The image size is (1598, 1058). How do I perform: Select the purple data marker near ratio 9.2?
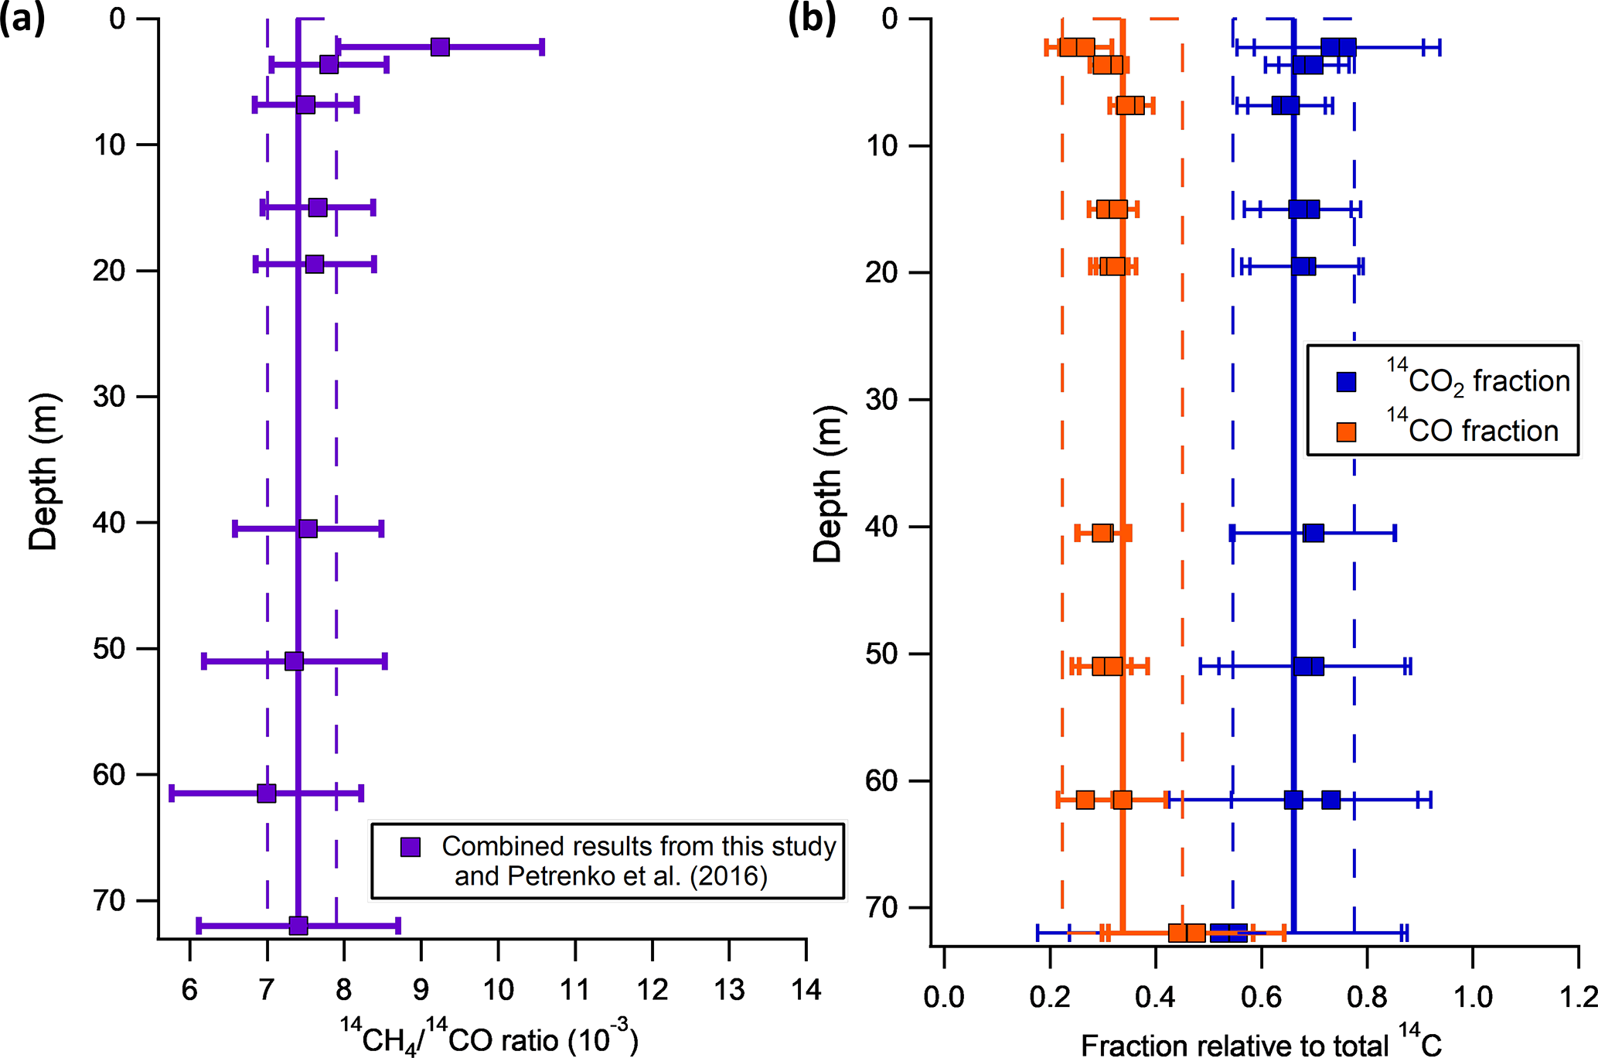(x=439, y=47)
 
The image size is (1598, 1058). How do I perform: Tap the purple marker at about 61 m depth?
(x=266, y=793)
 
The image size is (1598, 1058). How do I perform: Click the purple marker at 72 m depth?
(x=298, y=925)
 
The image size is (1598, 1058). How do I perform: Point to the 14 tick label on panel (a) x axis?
(x=806, y=990)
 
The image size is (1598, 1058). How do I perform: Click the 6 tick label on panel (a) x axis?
(x=189, y=990)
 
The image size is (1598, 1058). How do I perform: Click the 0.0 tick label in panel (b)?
(x=943, y=998)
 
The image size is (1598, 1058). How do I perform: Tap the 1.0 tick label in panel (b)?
(x=1473, y=998)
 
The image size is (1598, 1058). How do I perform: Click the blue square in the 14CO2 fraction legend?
(x=1346, y=381)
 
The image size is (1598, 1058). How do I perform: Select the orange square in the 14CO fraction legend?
(x=1346, y=432)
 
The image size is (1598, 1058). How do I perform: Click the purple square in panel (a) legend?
(x=410, y=847)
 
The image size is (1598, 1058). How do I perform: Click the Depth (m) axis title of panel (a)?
(x=43, y=472)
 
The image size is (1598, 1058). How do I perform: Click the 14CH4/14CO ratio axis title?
(x=489, y=1038)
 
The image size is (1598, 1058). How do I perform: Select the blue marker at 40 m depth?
(x=1313, y=533)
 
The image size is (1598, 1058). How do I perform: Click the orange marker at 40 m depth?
(x=1102, y=533)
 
